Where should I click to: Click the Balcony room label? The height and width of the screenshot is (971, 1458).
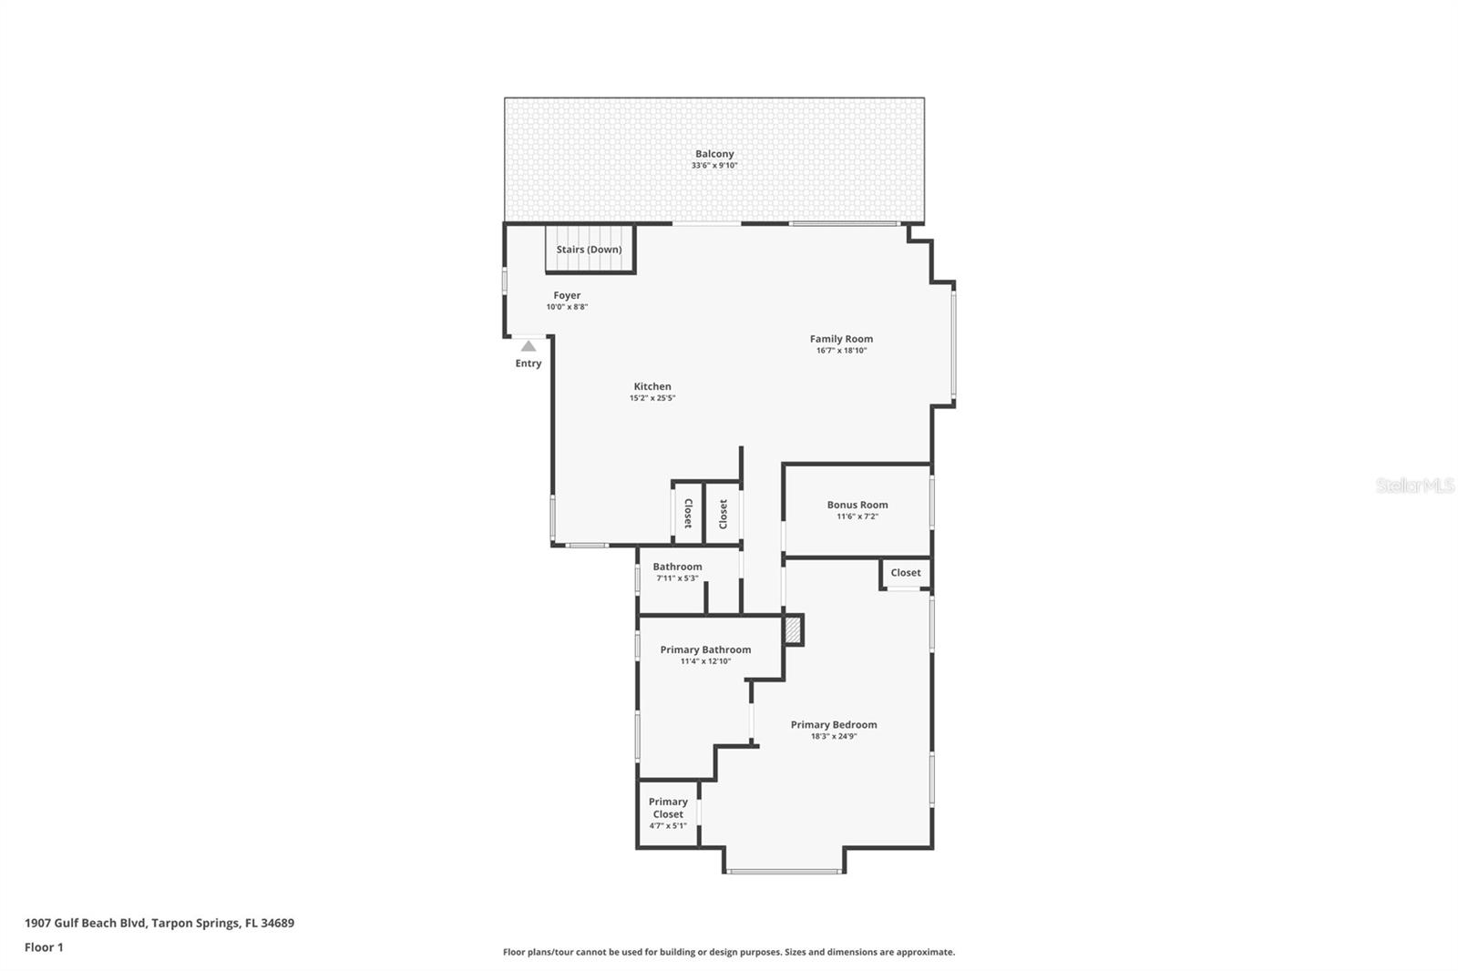click(x=714, y=154)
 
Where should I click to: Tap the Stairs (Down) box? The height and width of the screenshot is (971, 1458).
click(x=590, y=250)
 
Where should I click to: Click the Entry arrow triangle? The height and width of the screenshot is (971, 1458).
click(x=529, y=346)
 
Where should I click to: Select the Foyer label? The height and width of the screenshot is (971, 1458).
click(x=567, y=295)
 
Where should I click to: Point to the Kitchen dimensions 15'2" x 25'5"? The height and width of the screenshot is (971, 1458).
click(x=652, y=398)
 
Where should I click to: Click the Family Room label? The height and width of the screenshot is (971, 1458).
click(x=841, y=339)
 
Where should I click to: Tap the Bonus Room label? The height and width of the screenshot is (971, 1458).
click(x=857, y=505)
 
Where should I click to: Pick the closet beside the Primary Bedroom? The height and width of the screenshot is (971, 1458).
click(x=905, y=573)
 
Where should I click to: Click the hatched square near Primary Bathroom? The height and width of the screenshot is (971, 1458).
click(x=794, y=630)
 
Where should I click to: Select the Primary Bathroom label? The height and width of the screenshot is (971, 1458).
click(x=705, y=649)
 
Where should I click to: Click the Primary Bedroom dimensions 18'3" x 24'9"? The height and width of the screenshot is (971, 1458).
click(x=834, y=736)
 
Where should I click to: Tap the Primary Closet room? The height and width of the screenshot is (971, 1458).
click(x=668, y=813)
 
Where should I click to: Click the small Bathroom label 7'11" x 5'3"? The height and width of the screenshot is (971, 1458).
click(x=677, y=577)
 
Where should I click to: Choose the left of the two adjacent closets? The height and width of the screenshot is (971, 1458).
click(x=688, y=513)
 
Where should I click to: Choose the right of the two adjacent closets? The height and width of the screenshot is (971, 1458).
click(x=724, y=513)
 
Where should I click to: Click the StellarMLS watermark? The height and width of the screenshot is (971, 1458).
click(x=1414, y=485)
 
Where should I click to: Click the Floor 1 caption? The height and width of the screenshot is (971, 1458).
click(x=44, y=947)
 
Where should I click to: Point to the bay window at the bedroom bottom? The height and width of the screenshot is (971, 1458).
click(x=784, y=872)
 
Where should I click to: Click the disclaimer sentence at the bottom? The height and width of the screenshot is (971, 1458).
click(x=729, y=952)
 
